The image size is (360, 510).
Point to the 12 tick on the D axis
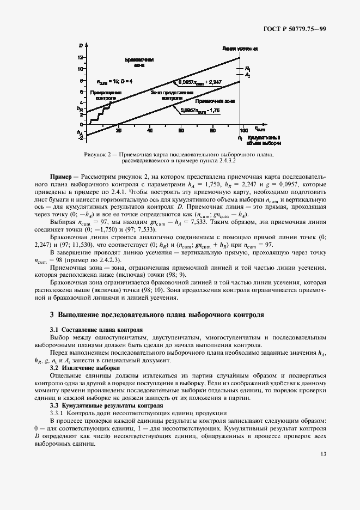[x=81, y=57]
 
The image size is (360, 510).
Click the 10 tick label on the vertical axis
[x=81, y=69]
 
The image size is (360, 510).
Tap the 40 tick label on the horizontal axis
[x=150, y=130]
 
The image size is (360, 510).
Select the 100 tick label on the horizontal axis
[x=242, y=130]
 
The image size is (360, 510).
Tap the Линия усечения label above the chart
[x=240, y=48]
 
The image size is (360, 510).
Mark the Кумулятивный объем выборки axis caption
[x=264, y=141]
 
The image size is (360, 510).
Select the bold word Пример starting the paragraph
[x=60, y=178]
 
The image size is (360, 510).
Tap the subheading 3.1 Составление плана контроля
[x=96, y=330]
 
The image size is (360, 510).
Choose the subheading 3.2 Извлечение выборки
[x=84, y=368]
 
